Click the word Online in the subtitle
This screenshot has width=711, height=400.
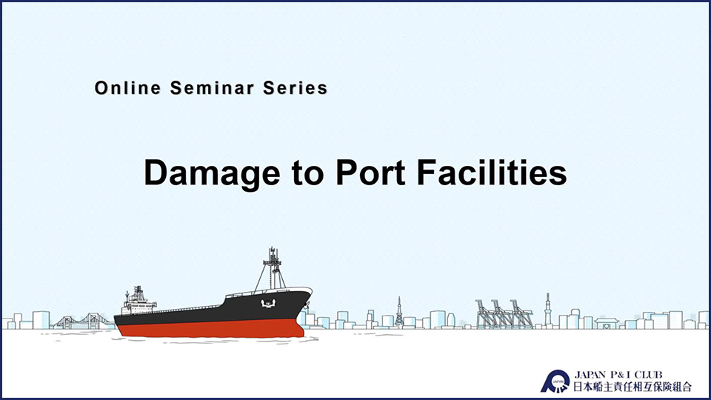[x=128, y=88]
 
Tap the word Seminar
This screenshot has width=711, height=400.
[x=212, y=88]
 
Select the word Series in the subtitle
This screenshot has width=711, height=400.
[x=296, y=88]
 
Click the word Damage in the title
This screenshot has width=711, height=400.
[x=212, y=173]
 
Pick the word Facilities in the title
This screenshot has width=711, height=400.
[x=492, y=173]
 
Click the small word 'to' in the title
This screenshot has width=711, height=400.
[x=308, y=174]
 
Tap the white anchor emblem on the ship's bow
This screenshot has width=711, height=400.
[x=268, y=303]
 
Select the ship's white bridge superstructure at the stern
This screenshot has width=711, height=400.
[x=138, y=301]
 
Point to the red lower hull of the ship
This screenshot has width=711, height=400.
[x=211, y=328]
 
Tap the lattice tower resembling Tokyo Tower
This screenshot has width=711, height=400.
[x=399, y=312]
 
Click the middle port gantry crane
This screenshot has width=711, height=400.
[x=501, y=314]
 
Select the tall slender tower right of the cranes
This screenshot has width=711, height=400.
[x=548, y=310]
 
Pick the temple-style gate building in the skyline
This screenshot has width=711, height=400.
[x=607, y=323]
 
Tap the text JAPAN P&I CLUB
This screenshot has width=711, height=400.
[x=618, y=375]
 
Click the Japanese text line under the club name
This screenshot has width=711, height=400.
[x=632, y=387]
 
